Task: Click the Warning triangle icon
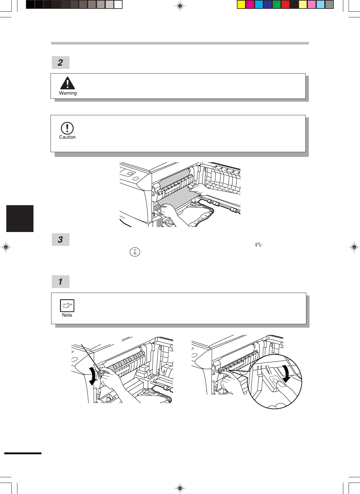point(68,83)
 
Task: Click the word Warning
point(68,93)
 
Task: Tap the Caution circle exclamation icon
point(67,128)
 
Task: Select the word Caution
point(67,137)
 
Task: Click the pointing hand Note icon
point(67,306)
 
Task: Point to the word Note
point(67,315)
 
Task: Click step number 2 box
point(61,62)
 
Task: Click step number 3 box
point(61,240)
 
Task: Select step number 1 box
point(61,281)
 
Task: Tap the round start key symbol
point(135,252)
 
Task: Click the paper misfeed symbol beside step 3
point(259,245)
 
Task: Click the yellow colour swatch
point(241,5)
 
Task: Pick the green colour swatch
point(277,5)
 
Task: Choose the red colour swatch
point(285,5)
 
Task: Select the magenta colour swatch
point(250,5)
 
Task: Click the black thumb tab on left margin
point(20,218)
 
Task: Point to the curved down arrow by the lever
point(93,377)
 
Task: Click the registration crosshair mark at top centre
point(180,6)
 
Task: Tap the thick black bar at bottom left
point(23,453)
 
